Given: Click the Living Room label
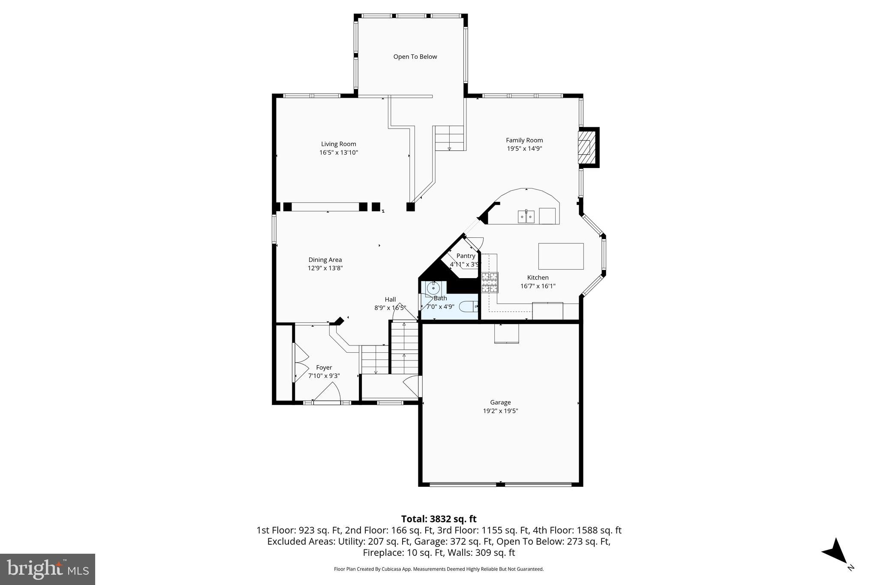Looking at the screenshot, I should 338,144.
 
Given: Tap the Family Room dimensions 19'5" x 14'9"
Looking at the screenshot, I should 524,149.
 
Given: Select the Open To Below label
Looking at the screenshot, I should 415,57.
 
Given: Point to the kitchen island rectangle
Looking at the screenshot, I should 561,256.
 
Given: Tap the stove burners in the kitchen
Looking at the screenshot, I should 490,282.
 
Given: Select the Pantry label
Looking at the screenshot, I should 466,256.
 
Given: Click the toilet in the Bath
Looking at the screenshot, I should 468,306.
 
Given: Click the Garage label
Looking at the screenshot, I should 500,402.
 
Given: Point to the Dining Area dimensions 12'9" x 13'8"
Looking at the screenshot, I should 325,268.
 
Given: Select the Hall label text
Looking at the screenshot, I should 390,299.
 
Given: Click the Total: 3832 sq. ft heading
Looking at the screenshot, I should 439,519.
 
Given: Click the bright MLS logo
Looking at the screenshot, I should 48,569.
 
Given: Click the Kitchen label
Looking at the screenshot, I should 538,277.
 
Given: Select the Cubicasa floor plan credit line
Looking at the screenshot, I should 439,569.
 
